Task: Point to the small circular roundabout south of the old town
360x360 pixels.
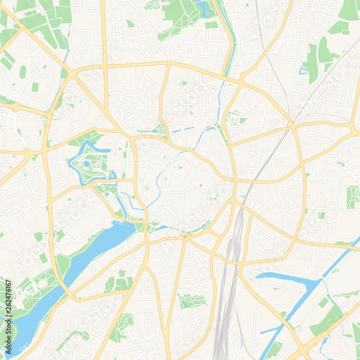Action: click(x=184, y=236)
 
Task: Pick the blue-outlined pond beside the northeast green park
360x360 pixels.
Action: click(x=303, y=71)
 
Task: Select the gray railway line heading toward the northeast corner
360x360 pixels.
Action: click(x=324, y=78)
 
